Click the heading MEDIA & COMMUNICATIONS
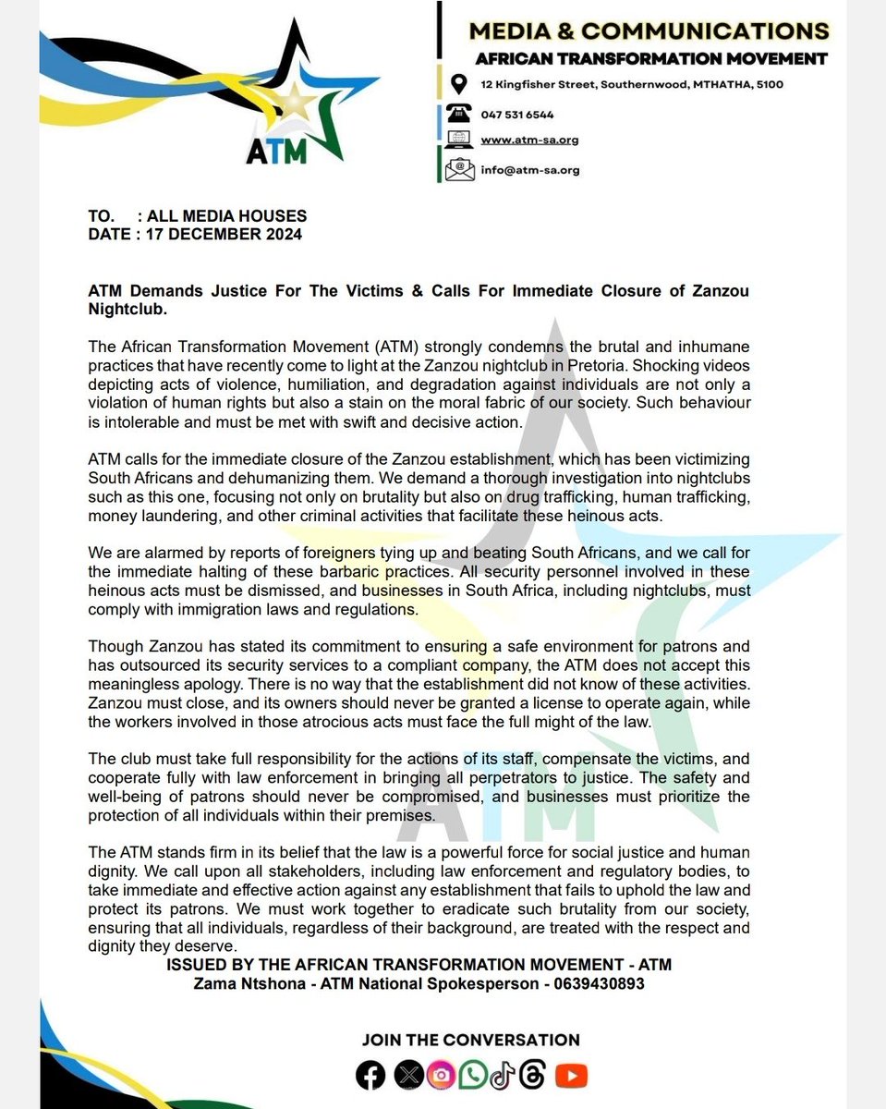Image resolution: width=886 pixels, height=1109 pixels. pyautogui.click(x=649, y=31)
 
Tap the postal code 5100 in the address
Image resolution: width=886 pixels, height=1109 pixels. pyautogui.click(x=768, y=85)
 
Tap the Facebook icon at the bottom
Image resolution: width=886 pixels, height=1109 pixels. pyautogui.click(x=370, y=1075)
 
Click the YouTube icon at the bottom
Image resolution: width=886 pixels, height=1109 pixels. pyautogui.click(x=573, y=1075)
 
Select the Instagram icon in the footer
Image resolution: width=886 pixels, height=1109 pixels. pyautogui.click(x=440, y=1075)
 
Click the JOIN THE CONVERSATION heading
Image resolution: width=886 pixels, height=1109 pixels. pyautogui.click(x=470, y=1040)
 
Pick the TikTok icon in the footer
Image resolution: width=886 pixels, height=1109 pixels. pyautogui.click(x=500, y=1075)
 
